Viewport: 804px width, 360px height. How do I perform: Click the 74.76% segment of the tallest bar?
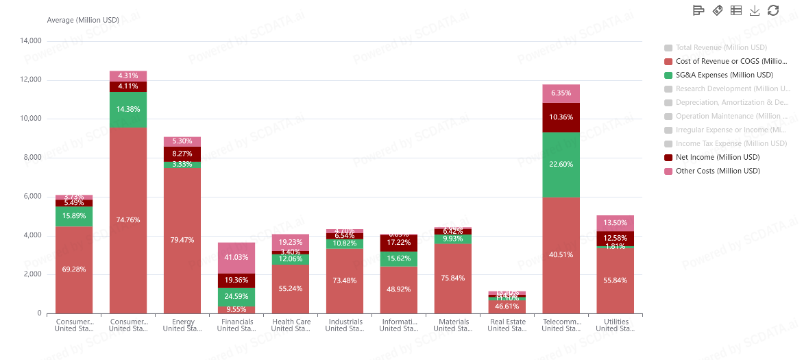128,220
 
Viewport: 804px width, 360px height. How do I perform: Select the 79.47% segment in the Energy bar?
182,240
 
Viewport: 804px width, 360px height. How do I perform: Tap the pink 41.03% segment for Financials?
236,258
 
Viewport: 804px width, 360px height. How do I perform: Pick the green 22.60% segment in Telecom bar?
561,165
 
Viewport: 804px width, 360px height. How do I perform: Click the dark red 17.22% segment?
399,243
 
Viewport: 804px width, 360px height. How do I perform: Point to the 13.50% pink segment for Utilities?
615,223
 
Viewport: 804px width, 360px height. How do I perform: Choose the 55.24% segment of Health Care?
291,289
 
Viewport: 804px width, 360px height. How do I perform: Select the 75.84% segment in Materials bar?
453,278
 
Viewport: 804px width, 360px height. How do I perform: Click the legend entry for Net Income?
717,157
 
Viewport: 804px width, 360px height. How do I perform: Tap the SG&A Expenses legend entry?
724,75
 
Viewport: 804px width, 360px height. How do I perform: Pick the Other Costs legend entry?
718,171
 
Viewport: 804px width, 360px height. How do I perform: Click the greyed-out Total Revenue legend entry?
720,47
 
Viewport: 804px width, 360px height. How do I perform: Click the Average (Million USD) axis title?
83,20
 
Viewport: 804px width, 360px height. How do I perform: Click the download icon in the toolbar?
755,10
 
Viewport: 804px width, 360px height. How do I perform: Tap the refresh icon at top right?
773,10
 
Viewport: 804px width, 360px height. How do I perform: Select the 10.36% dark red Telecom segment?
561,117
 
